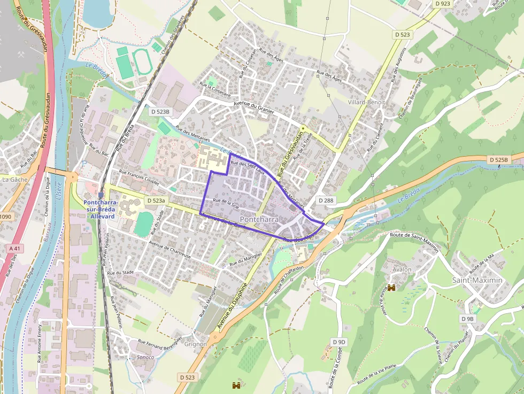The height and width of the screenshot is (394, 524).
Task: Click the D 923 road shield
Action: [x=442, y=4]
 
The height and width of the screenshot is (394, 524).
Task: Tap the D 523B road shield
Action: [x=160, y=112]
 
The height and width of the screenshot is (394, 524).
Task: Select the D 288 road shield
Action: [x=326, y=200]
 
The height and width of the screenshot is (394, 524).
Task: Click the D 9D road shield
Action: [x=339, y=342]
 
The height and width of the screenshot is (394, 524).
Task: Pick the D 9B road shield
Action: [x=467, y=319]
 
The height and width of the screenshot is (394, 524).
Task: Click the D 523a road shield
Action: [x=157, y=200]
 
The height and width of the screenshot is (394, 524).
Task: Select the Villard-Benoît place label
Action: [x=366, y=102]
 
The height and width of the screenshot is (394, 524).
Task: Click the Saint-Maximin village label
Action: [x=477, y=280]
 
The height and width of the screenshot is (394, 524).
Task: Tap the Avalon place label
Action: [x=402, y=269]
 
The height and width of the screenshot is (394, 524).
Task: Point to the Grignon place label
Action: [x=196, y=344]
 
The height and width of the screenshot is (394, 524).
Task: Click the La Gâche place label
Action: [x=14, y=180]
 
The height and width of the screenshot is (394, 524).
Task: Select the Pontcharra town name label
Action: [x=259, y=220]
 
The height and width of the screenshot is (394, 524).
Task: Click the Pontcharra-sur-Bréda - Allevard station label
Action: [x=101, y=206]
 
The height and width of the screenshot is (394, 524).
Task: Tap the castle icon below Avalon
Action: [x=391, y=288]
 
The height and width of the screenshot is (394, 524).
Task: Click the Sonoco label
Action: [x=145, y=357]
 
